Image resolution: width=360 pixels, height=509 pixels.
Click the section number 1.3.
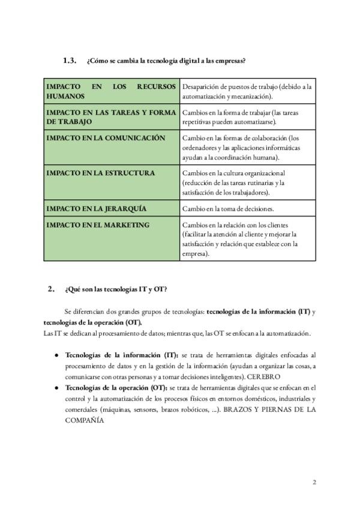tap(70, 61)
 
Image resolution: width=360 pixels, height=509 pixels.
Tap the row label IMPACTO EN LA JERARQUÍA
tap(97, 209)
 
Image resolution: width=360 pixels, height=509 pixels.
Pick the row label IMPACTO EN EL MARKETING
tap(98, 225)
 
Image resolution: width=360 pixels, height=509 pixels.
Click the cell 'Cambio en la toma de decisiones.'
tap(228, 209)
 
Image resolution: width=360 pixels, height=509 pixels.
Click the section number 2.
tap(51, 289)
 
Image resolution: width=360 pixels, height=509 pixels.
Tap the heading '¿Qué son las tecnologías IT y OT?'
tap(116, 290)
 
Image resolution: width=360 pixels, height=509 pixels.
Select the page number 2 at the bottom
tap(314, 483)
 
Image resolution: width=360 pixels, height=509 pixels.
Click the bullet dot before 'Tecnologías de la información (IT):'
tap(56, 356)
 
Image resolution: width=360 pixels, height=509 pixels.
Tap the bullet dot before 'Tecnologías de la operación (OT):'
tap(56, 388)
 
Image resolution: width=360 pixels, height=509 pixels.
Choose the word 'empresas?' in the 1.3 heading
tap(229, 61)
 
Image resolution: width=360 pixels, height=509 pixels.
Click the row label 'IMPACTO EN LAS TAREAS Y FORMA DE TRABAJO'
tap(111, 117)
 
